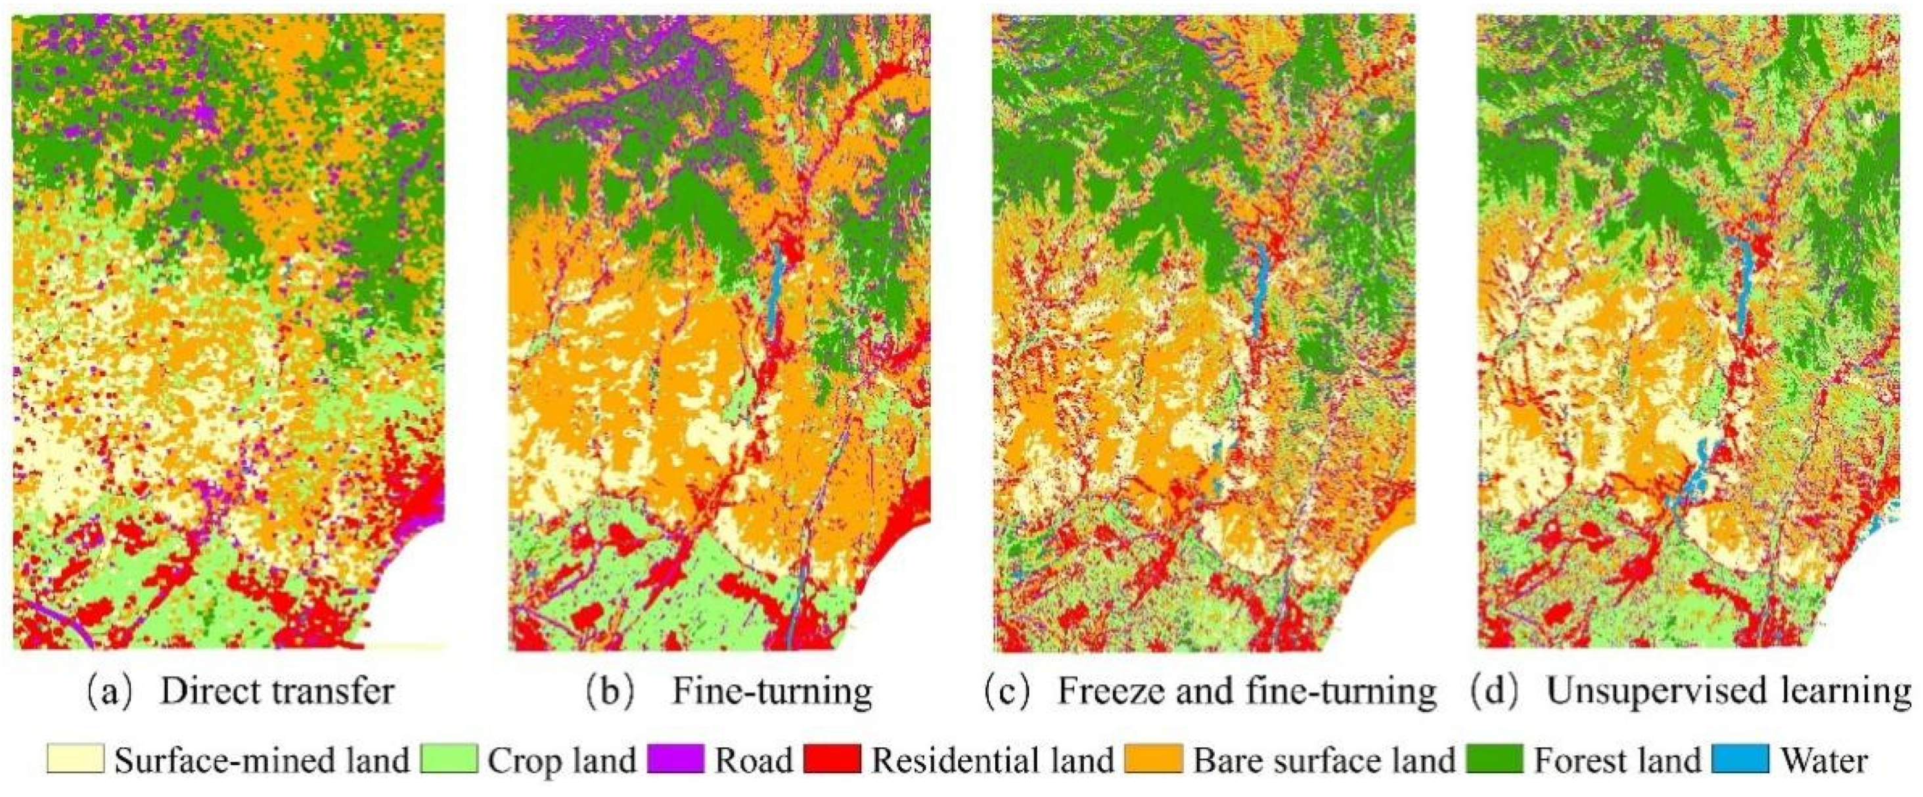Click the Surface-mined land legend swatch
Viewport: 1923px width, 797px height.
coord(75,759)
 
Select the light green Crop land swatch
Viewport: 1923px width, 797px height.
coord(448,759)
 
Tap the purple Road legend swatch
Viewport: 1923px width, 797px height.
coord(675,759)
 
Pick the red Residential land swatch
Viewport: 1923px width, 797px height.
coord(832,759)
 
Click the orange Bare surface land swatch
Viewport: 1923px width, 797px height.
coord(1154,759)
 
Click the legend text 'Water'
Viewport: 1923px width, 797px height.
coord(1824,760)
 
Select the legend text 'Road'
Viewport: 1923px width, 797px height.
coord(754,760)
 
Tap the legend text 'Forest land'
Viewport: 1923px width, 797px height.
coord(1616,760)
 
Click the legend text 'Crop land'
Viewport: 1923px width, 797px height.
coord(561,760)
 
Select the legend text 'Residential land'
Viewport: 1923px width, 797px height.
coord(993,760)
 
